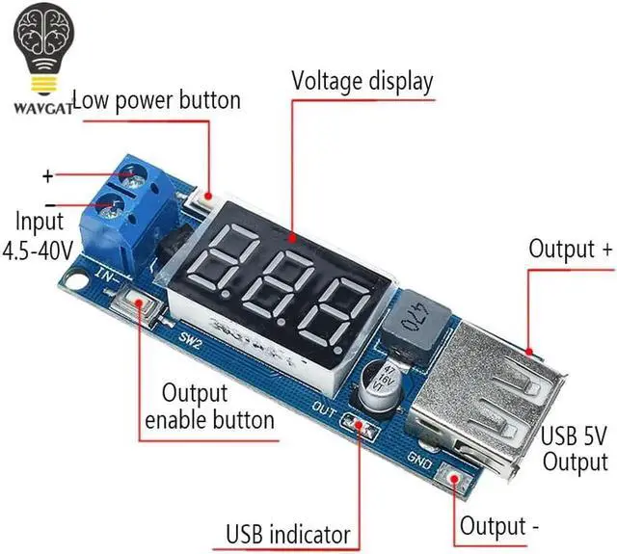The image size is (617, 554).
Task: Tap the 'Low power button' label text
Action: tap(156, 99)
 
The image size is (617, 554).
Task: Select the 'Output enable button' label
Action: tap(208, 407)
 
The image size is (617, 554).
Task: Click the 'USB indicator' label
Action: tap(287, 534)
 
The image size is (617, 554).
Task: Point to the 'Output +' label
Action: tap(570, 249)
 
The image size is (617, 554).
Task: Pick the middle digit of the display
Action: tap(281, 283)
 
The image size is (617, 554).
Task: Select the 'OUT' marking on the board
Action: tap(326, 409)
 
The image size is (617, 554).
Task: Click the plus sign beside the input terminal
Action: tap(47, 176)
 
